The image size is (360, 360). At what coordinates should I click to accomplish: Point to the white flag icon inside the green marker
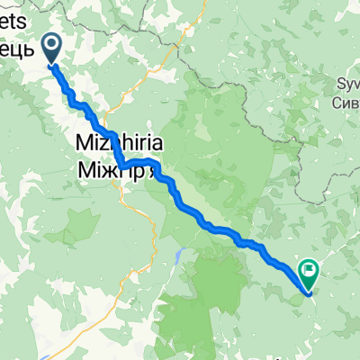(310, 268)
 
